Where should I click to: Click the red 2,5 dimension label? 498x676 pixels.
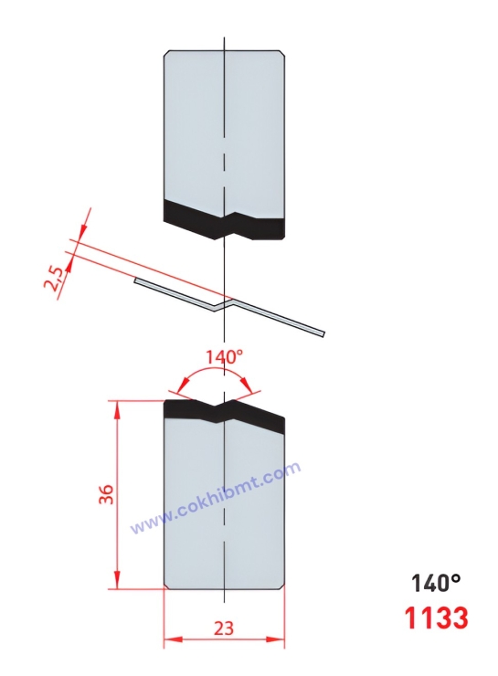[55, 278]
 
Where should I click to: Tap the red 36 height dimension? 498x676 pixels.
[106, 494]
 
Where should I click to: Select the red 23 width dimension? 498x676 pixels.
[224, 628]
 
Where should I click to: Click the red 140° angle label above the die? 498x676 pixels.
[224, 357]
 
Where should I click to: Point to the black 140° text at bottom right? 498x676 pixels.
[436, 583]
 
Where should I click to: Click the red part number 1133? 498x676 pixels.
[436, 618]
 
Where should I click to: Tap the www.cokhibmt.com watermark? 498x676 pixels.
[215, 498]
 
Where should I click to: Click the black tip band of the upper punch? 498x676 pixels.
[224, 220]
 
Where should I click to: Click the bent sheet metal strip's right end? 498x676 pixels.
[323, 333]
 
